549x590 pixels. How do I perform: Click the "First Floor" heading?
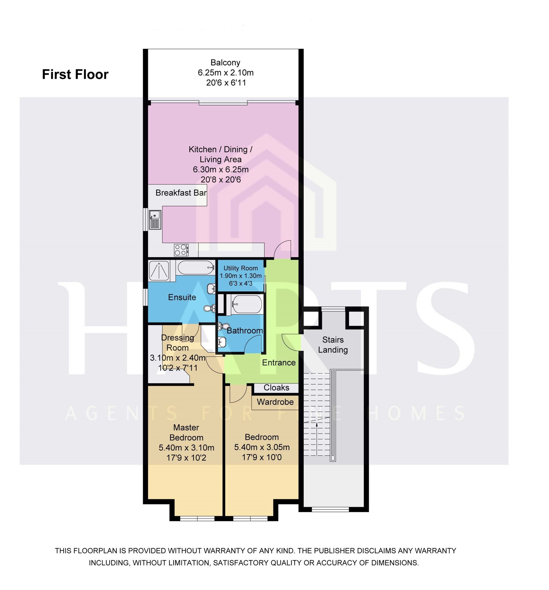click(x=75, y=74)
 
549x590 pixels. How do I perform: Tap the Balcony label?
click(x=225, y=63)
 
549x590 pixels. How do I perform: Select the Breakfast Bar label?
click(x=181, y=193)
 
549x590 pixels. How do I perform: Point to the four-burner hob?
click(x=181, y=250)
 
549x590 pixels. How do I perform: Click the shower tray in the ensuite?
click(x=159, y=271)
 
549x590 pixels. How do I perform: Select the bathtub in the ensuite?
click(x=196, y=267)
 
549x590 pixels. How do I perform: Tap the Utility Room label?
click(x=240, y=268)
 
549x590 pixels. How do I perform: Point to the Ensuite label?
click(x=182, y=297)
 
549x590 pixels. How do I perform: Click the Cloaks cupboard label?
click(x=276, y=388)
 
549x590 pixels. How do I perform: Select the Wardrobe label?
click(x=275, y=402)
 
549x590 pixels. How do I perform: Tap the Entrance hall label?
click(x=279, y=363)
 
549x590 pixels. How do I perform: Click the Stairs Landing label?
click(x=333, y=345)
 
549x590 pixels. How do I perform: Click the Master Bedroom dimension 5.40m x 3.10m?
click(x=186, y=448)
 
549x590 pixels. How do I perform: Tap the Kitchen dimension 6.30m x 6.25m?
click(x=221, y=170)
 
